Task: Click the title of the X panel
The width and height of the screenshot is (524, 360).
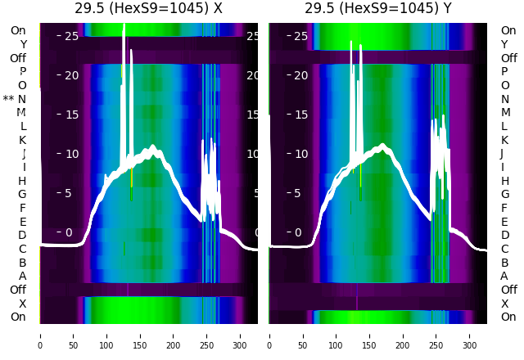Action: click(148, 9)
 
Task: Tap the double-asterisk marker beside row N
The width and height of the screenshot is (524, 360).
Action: click(8, 99)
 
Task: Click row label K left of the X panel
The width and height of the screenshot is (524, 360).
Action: click(22, 140)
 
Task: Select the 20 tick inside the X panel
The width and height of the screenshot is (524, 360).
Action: click(71, 75)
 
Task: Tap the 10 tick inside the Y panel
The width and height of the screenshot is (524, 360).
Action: click(300, 154)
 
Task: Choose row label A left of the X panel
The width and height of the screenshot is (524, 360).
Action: click(22, 276)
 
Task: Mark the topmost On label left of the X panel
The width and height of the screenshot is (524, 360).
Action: click(18, 30)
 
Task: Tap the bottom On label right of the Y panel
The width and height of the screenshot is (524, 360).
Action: click(508, 317)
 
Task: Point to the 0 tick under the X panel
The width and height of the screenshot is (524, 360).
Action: click(39, 335)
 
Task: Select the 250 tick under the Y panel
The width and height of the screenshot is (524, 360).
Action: click(436, 335)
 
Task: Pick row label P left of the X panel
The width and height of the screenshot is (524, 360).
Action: click(22, 71)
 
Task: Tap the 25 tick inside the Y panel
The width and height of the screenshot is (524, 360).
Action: click(300, 36)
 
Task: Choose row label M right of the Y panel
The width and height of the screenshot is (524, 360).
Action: click(505, 112)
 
